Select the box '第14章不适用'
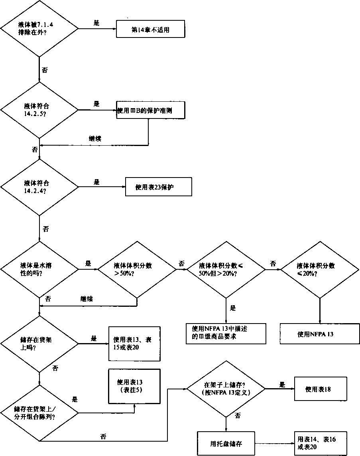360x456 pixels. [150, 30]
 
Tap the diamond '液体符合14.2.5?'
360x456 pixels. [39, 110]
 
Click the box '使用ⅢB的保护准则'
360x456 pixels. [150, 109]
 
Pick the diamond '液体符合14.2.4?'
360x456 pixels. [39, 188]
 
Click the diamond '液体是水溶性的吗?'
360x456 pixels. [39, 269]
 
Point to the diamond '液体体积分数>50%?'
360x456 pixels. [137, 269]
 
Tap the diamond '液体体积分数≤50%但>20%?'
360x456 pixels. [226, 269]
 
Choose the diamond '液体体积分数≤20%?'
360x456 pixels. [320, 269]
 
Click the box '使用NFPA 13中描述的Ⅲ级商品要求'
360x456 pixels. [226, 334]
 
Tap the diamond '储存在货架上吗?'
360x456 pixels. [39, 343]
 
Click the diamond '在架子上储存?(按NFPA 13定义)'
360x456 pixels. [226, 389]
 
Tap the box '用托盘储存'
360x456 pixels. [226, 443]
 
